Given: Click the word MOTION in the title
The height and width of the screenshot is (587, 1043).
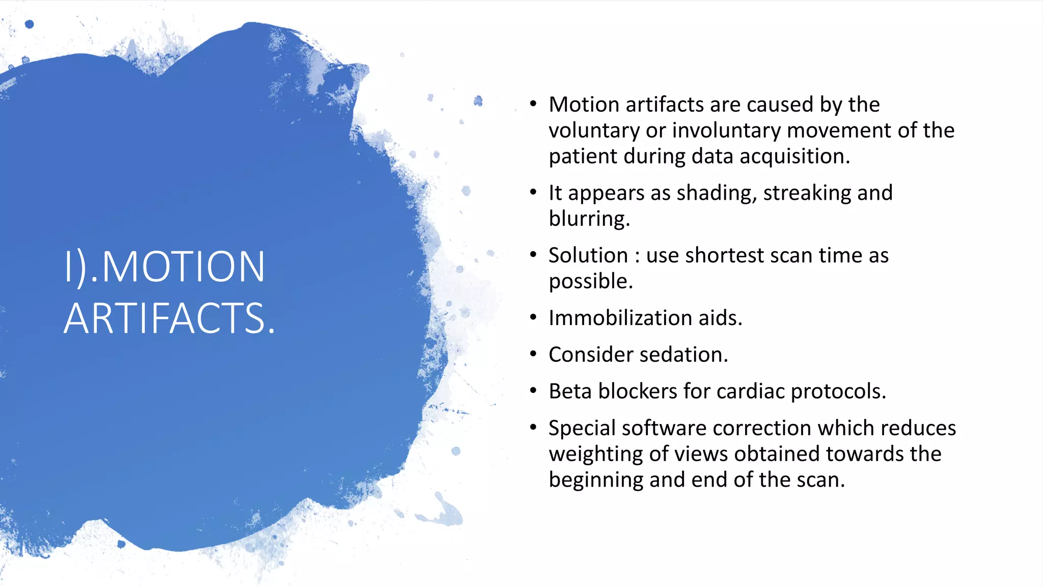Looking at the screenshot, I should [x=183, y=266].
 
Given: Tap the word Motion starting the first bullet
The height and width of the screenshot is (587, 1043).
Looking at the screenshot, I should [x=584, y=104].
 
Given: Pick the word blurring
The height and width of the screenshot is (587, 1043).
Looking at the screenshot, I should [x=588, y=219].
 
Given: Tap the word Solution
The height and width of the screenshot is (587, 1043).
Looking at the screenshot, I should [x=588, y=255].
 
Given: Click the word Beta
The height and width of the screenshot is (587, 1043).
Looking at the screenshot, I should [x=570, y=391].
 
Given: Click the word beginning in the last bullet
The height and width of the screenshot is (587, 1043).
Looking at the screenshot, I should [x=596, y=480].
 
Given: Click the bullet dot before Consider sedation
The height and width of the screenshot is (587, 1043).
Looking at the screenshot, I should [x=533, y=354].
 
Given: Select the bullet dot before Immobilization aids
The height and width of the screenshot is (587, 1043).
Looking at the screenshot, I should [x=533, y=317].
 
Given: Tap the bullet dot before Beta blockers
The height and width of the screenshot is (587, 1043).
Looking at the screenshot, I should [x=533, y=391].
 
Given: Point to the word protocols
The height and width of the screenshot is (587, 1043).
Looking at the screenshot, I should [x=838, y=391].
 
